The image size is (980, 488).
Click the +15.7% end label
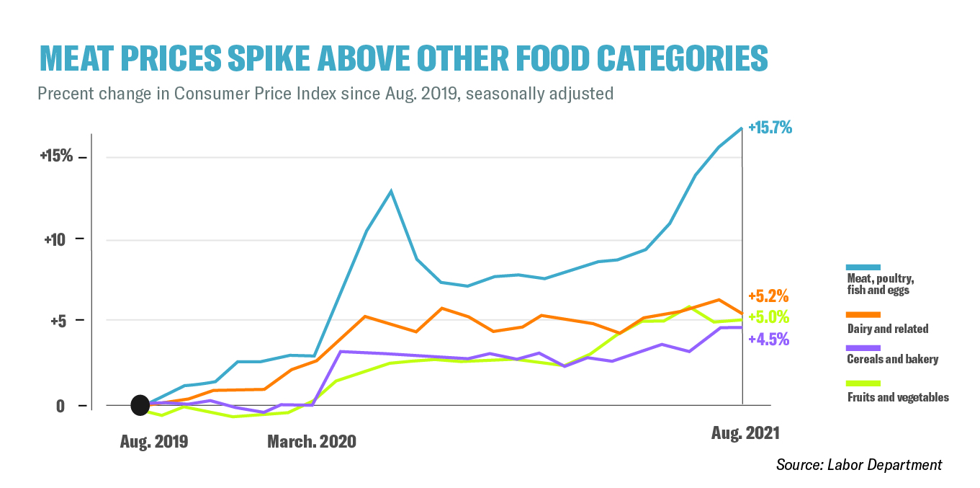(770, 128)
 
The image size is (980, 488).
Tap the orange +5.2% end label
(768, 296)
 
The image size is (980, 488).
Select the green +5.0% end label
(768, 317)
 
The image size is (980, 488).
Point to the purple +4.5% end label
(768, 339)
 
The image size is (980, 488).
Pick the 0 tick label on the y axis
(61, 406)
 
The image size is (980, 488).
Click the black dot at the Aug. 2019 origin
(140, 406)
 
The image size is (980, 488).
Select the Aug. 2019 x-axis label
(153, 441)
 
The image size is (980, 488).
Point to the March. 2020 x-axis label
(311, 441)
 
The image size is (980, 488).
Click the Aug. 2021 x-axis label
(745, 433)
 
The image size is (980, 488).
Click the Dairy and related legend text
(887, 329)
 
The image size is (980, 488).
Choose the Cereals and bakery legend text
(892, 359)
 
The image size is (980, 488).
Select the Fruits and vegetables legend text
(897, 397)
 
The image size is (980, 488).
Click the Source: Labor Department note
(858, 465)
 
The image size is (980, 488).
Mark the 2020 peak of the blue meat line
(390, 191)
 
